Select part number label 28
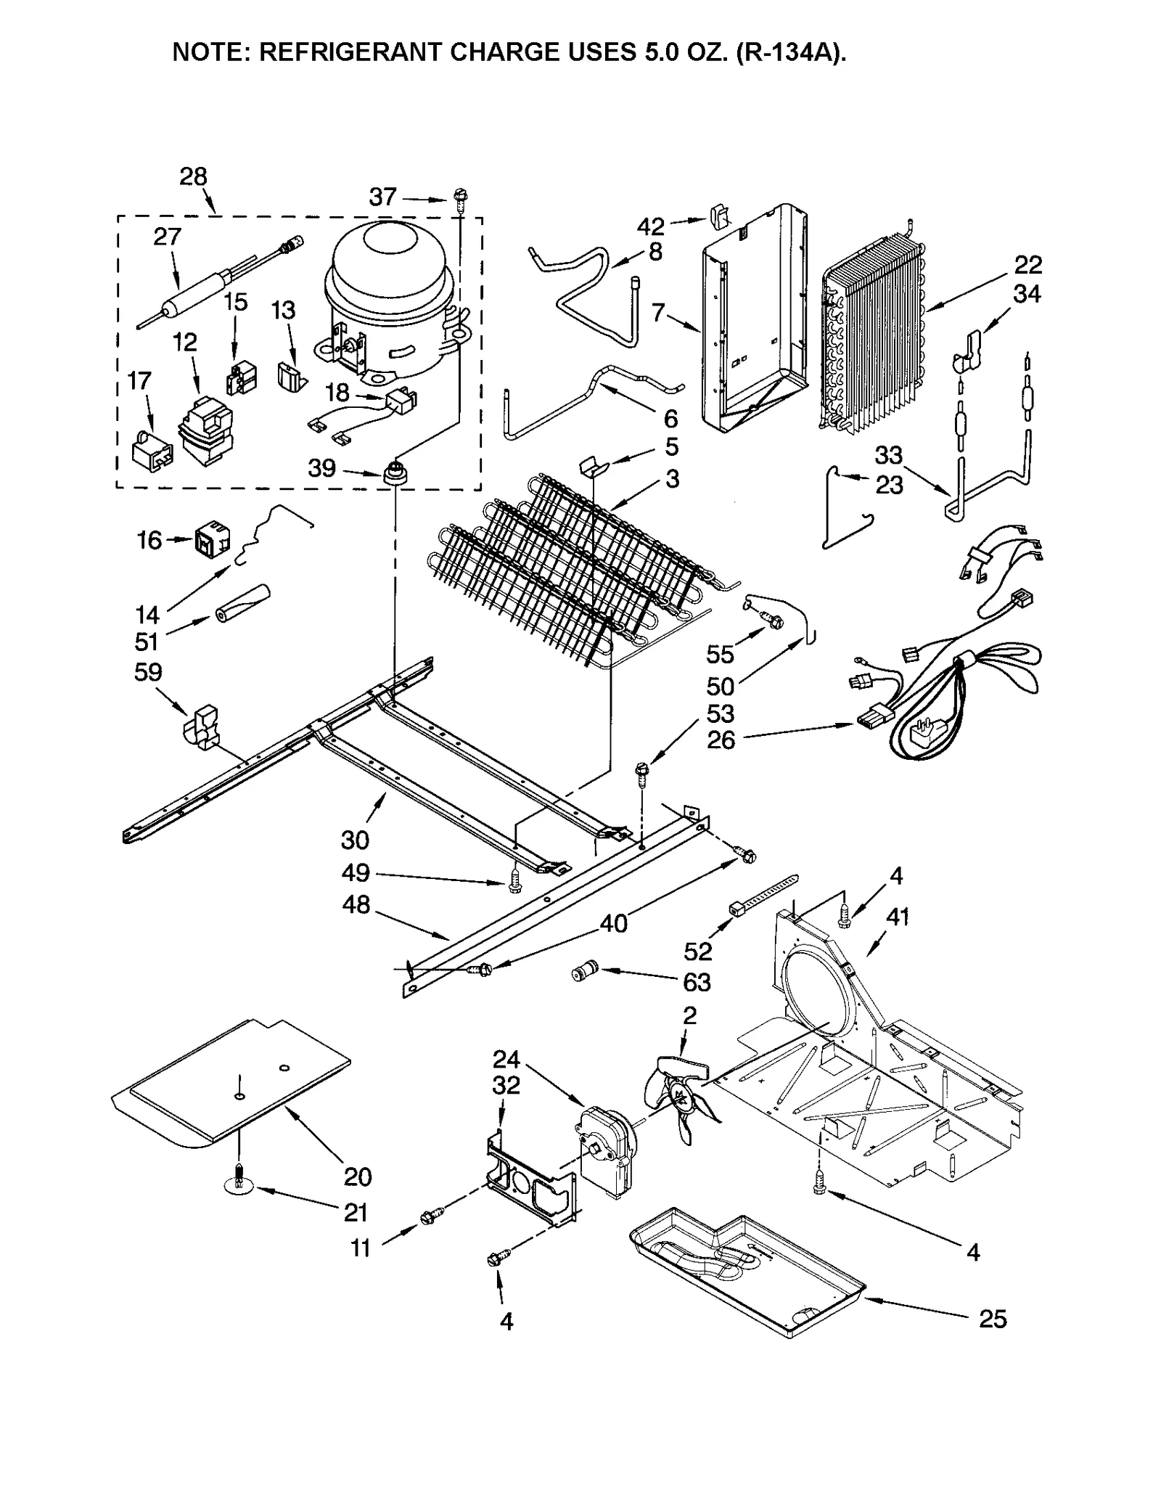[193, 177]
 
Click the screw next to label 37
[460, 197]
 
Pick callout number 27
[167, 237]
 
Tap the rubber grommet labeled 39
[395, 473]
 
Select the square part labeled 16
[211, 541]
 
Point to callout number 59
[147, 672]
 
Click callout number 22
[1028, 264]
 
